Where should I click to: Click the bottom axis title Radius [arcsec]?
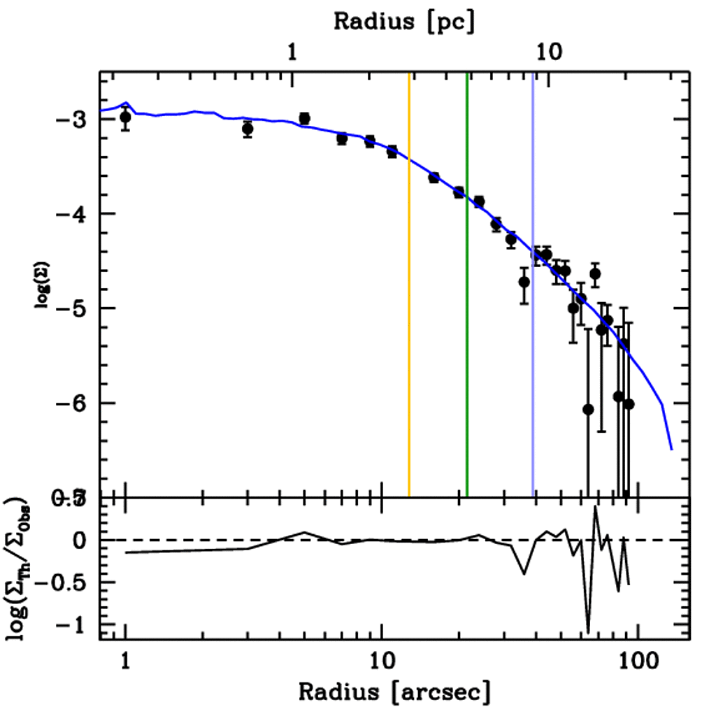tap(394, 692)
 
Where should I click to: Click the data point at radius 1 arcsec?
tap(125, 117)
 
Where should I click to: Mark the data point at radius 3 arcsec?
tap(248, 129)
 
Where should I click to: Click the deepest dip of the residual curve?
tap(588, 631)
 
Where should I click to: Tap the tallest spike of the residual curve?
tap(595, 506)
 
